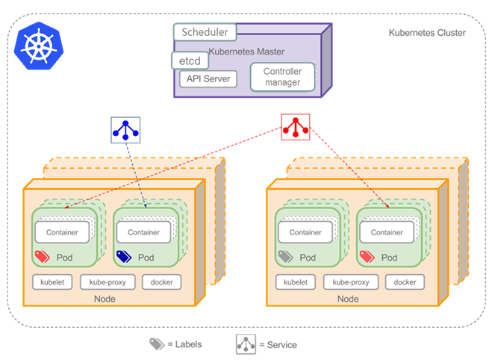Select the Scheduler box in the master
coord(205,33)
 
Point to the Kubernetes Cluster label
coord(427,33)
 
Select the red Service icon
coord(295,127)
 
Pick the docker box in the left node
coord(161,282)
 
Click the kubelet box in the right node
coord(296,282)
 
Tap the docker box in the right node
coord(405,282)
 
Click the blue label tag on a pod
coord(124,256)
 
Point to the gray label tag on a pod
coord(286,256)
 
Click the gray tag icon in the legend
coord(156,344)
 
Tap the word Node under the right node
coord(348,299)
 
